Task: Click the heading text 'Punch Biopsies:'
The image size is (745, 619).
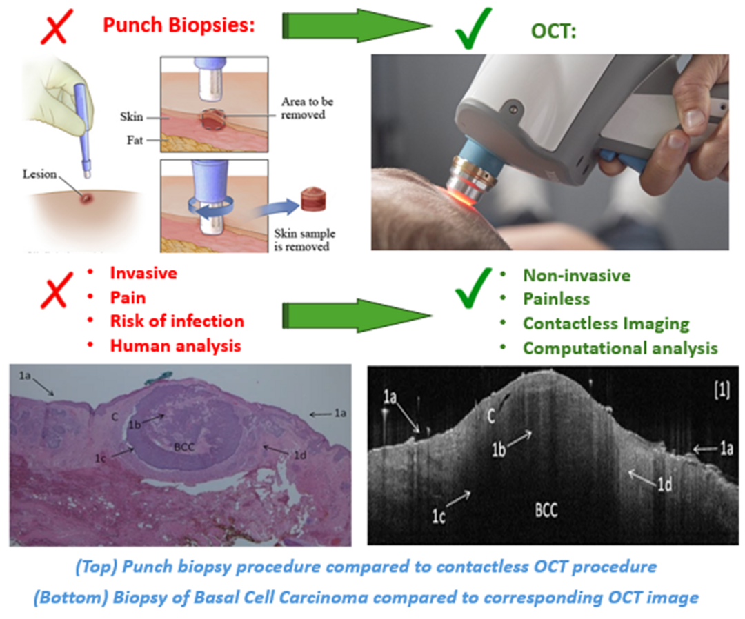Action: point(179,26)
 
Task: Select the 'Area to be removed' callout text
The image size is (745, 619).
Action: point(307,108)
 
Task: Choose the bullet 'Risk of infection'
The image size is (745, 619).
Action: point(177,321)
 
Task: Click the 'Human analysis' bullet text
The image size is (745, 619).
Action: point(175,345)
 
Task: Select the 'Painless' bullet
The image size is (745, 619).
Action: point(556,299)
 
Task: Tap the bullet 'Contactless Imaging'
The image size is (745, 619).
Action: point(606,323)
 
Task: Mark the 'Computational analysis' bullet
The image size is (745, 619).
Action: point(619,348)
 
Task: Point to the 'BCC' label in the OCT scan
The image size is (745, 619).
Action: point(546,511)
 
